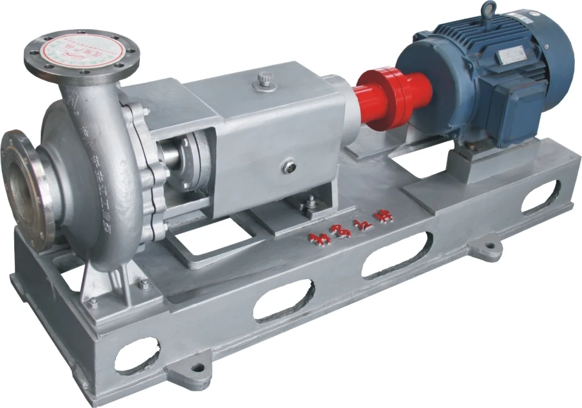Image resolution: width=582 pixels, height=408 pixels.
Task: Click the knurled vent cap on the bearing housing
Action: (x=265, y=80)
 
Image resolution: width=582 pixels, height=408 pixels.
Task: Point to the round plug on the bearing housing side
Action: (x=288, y=167)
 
